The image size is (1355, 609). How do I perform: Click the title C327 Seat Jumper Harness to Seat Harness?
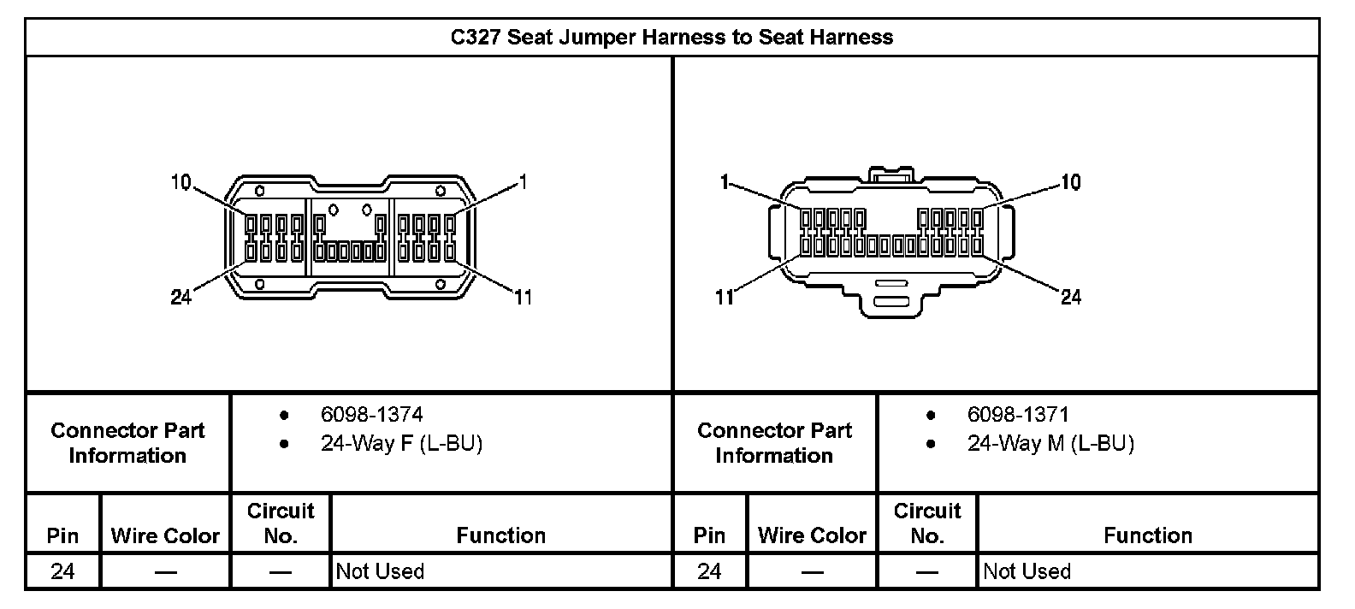click(x=672, y=38)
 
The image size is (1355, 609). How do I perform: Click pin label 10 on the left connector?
click(x=180, y=182)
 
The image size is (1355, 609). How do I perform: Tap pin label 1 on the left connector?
click(x=524, y=182)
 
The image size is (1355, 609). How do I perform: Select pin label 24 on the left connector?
click(x=180, y=297)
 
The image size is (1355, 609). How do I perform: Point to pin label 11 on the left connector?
click(x=523, y=297)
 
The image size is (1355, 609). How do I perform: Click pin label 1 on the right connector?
click(x=725, y=182)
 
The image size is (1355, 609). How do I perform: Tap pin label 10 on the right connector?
click(x=1071, y=182)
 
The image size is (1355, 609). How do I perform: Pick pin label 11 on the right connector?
click(x=725, y=297)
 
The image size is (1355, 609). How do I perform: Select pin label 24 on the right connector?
click(x=1071, y=297)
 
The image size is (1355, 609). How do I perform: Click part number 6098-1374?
click(x=371, y=415)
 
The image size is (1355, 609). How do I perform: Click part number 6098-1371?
click(x=1018, y=415)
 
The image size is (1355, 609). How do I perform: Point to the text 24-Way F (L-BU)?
click(x=401, y=444)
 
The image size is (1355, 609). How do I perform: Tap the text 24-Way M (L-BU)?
click(x=1050, y=444)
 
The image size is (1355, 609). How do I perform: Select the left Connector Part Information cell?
click(x=127, y=443)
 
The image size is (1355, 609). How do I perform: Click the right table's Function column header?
click(x=1147, y=535)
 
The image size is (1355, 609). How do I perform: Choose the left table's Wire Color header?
click(x=165, y=535)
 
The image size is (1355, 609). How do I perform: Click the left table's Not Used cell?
click(x=380, y=571)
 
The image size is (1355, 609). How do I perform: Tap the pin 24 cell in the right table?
click(x=709, y=571)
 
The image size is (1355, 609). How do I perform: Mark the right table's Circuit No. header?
click(x=927, y=523)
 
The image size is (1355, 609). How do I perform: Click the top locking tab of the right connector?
click(x=892, y=174)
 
